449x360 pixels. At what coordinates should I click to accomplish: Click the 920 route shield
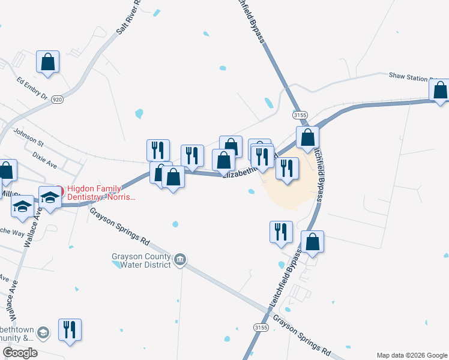coord(57,99)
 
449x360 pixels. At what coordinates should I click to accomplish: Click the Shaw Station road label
coord(411,76)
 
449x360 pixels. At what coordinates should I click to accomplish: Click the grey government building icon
coord(179,260)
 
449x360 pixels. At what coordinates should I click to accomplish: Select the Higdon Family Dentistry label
coord(101,193)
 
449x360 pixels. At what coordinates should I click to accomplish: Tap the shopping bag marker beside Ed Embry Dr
coord(47,62)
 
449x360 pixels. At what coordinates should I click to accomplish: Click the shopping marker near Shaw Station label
coord(440,91)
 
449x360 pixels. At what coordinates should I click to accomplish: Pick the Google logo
coord(20,353)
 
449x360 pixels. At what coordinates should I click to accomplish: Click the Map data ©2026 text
coord(411,355)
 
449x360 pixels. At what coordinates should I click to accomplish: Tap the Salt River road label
coord(128,18)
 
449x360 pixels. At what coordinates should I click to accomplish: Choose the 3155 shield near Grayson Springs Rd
coord(261,328)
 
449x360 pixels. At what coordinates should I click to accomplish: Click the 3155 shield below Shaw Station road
coord(301,114)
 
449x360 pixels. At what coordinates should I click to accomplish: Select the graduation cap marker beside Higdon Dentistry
coord(50,197)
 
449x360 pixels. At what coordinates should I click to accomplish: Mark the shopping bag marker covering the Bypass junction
coord(307,137)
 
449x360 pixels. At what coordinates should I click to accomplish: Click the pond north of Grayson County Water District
coord(175,224)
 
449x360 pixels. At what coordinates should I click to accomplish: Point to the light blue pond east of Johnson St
coord(139,113)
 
